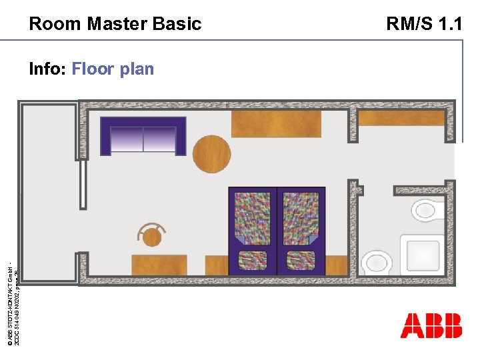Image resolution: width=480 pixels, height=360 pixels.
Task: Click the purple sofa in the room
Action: [x=143, y=136]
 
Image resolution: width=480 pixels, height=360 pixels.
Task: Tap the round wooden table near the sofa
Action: [x=211, y=154]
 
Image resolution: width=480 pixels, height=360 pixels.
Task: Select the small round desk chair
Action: [x=153, y=236]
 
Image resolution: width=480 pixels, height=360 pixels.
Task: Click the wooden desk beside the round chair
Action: [x=159, y=264]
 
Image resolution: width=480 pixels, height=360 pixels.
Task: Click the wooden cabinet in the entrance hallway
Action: [x=401, y=118]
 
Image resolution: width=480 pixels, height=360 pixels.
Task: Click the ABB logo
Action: [x=431, y=325]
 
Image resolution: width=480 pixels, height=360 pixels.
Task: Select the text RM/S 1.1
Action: [x=424, y=25]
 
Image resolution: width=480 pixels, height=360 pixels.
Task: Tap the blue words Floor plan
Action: [x=113, y=69]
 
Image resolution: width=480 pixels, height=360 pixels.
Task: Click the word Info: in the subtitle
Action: [x=47, y=69]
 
